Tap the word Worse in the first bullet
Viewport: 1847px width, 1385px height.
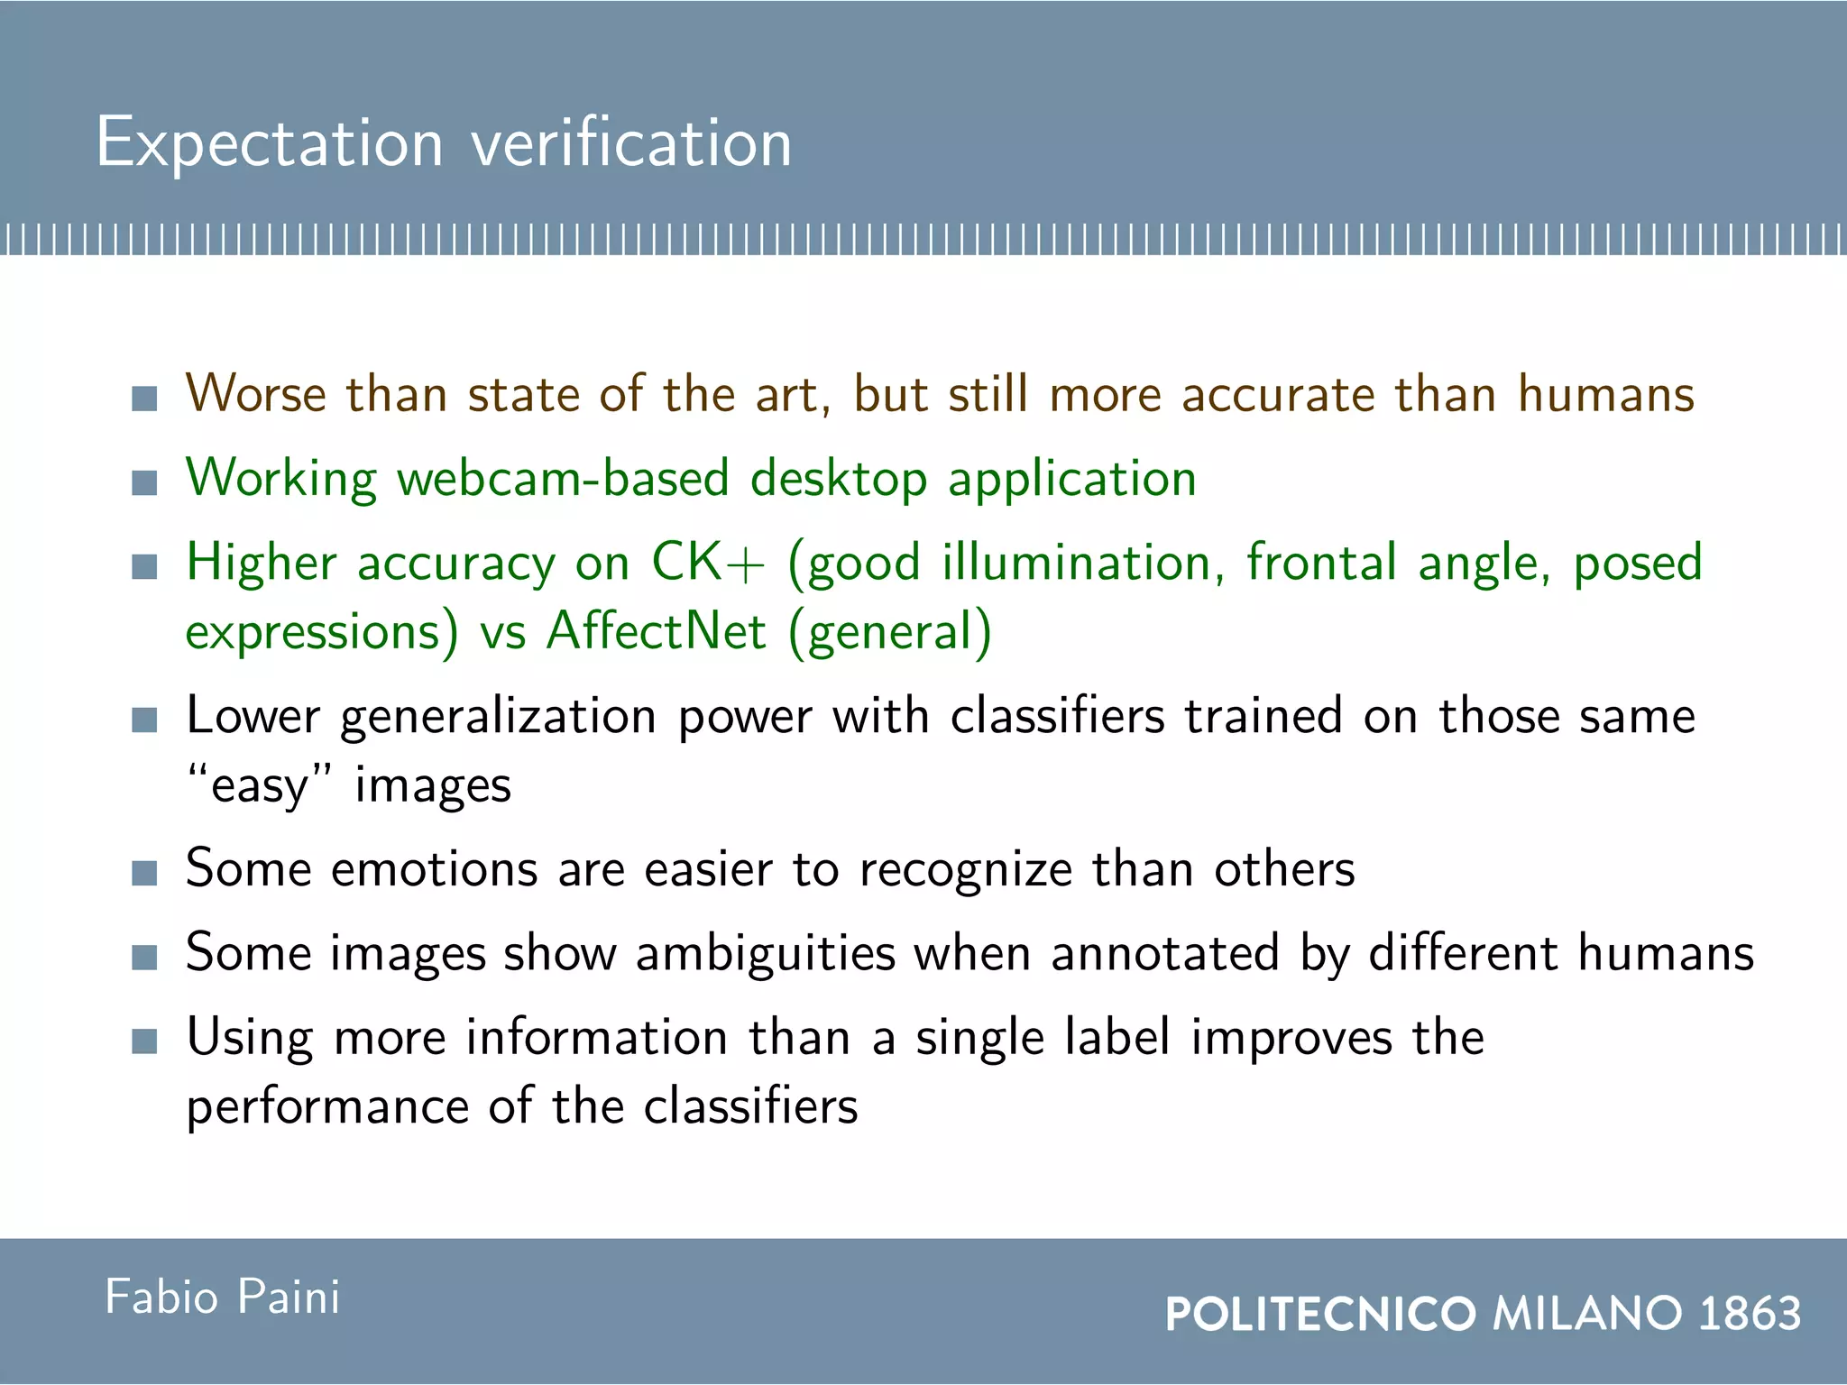tap(255, 395)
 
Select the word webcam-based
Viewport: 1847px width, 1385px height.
tap(562, 478)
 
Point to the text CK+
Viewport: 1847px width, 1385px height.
tap(708, 563)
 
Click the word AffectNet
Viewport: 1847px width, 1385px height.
tap(657, 631)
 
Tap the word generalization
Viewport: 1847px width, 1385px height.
tap(499, 718)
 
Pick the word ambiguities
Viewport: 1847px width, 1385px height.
tap(765, 954)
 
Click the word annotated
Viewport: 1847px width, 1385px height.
tap(1164, 954)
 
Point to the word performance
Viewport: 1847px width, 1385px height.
tap(327, 1107)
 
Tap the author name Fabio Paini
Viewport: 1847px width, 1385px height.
tap(222, 1298)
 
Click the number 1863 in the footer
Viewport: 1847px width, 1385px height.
tap(1750, 1313)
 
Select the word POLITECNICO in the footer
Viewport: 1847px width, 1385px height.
tap(1320, 1313)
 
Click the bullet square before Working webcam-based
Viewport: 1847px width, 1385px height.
tap(144, 482)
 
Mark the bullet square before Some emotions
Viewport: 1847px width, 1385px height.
tap(144, 873)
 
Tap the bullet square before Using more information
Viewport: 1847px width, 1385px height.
tap(144, 1041)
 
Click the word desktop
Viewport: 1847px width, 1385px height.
tap(839, 478)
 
